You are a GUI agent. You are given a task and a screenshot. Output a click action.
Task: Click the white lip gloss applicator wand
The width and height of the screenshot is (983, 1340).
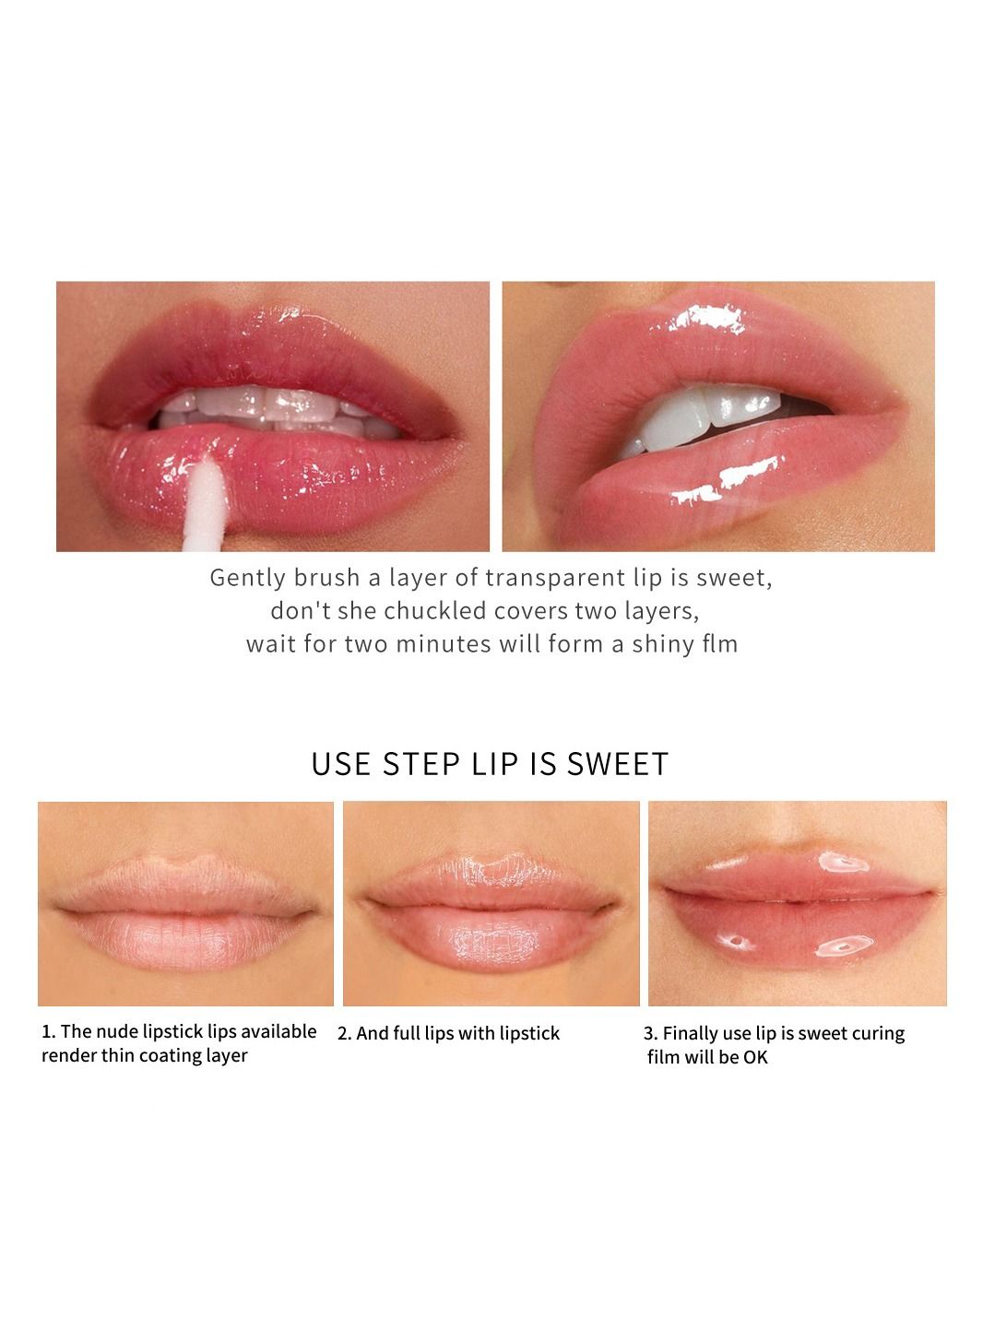205,504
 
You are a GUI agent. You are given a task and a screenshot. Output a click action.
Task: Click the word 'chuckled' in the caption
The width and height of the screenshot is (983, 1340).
435,611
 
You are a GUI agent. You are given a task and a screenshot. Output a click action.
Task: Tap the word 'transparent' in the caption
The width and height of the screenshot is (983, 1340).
555,579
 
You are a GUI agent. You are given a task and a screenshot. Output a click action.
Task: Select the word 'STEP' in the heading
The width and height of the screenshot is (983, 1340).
421,764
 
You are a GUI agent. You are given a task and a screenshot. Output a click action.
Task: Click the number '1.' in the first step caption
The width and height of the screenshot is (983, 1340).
49,1031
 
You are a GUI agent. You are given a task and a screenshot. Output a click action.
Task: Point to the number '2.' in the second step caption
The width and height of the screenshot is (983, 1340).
344,1033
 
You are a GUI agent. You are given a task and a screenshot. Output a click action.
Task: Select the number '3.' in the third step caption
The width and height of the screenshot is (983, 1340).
651,1033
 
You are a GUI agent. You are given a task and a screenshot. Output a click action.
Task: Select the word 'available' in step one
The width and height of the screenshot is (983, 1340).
287,1031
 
